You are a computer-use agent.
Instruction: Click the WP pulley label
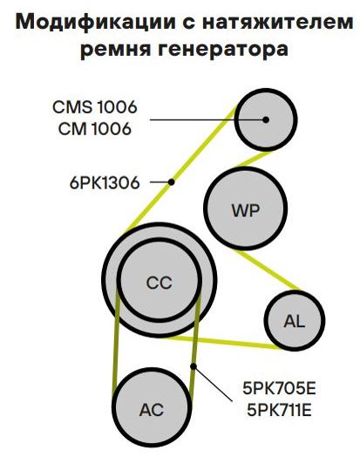coord(246,210)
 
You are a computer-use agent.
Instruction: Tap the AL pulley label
coord(294,321)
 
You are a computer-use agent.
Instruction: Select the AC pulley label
coord(152,410)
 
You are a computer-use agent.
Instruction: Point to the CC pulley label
coord(159,283)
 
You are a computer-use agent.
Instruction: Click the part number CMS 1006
coord(95,106)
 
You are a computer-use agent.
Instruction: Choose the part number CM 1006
coord(95,128)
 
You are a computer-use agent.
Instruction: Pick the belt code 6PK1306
coord(105,183)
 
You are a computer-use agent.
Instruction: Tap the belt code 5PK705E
coord(279,388)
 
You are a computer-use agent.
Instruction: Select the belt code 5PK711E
coord(279,410)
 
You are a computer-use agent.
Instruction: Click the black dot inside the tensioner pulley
coord(265,119)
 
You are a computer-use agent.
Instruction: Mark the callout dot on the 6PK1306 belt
coord(171,182)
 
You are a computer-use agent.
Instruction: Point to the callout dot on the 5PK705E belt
coord(194,366)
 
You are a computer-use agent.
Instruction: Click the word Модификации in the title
coord(95,23)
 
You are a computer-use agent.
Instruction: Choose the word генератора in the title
coord(223,48)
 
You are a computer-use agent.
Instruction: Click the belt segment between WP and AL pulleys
coord(268,270)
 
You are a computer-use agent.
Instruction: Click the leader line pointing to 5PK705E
coord(214,384)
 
